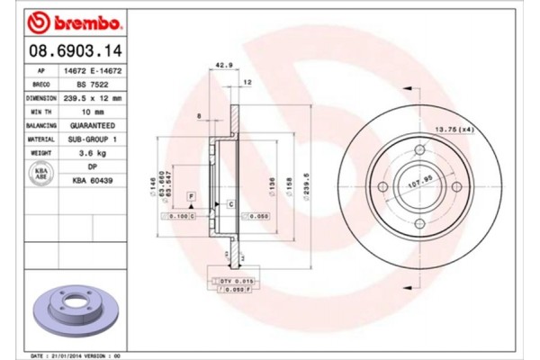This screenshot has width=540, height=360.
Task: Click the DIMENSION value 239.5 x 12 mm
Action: coord(94,98)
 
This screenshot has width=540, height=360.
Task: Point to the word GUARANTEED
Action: coord(88,127)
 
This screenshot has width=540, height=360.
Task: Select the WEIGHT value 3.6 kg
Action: coord(88,154)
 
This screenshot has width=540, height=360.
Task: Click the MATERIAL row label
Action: coord(41,140)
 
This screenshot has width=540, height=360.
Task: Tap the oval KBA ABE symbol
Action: coord(40,174)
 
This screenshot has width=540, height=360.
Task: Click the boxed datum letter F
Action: coord(191,195)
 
